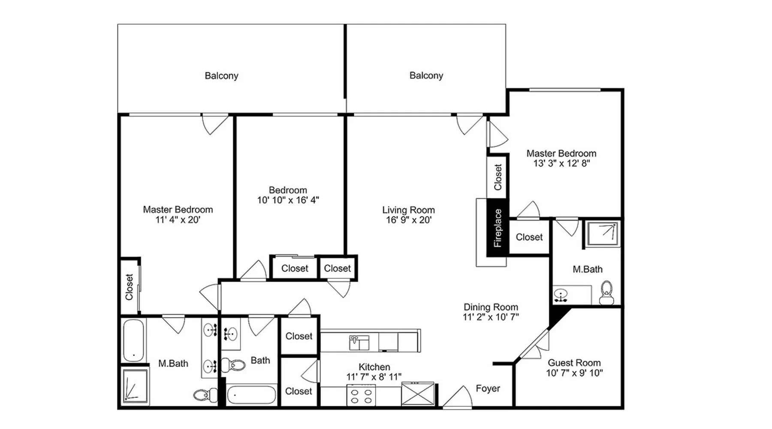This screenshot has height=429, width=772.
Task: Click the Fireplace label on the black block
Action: coord(498,228)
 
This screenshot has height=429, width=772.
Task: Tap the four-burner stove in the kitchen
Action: coord(361,395)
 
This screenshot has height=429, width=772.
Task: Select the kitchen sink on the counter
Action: coord(359,343)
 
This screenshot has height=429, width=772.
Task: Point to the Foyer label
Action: coord(488,388)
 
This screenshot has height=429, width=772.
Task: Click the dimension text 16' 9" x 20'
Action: coord(409,220)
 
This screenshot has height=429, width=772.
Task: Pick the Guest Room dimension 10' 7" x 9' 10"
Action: coord(574,373)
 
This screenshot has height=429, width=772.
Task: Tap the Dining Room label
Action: coord(491,307)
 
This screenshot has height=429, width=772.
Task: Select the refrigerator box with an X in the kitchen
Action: coord(418,394)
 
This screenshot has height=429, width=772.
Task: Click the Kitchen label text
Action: coord(374,367)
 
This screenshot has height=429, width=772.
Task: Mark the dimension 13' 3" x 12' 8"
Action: coord(562,163)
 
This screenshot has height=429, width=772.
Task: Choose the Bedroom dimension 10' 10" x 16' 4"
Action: coord(288,200)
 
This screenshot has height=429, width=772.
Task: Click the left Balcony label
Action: coord(221,76)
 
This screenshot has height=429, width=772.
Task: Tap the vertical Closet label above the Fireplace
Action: coord(498,177)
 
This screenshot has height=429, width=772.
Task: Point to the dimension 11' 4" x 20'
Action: coord(178,220)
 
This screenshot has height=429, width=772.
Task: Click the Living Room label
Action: coord(409,210)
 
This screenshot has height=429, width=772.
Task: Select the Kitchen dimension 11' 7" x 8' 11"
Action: coord(374,377)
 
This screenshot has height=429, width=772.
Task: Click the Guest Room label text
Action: coord(574,363)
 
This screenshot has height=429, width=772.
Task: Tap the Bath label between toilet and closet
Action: coord(260,360)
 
